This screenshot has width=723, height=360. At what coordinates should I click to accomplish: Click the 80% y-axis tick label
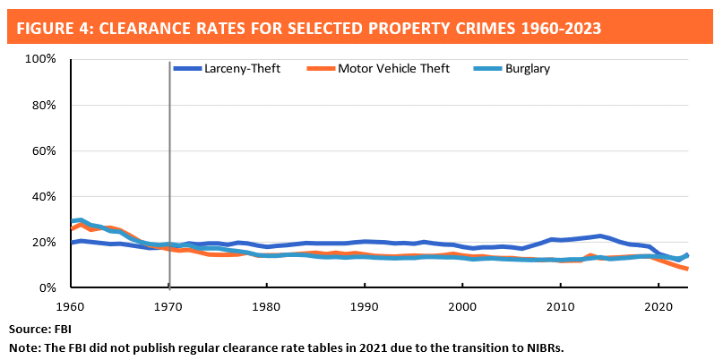coord(43,105)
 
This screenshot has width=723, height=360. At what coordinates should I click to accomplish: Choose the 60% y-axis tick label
coord(43,150)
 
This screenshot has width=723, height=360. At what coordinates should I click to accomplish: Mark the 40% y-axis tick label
coord(43,196)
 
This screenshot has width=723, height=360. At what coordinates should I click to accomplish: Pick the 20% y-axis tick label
coord(43,242)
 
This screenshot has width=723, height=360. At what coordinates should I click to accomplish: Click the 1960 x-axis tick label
coord(71,304)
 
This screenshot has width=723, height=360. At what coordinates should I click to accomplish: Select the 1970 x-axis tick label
coord(169,304)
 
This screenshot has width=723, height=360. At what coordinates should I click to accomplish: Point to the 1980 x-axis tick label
coord(267,304)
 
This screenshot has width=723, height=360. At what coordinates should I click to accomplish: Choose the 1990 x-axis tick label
coord(365,304)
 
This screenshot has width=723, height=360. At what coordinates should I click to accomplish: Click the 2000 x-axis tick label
coord(462,304)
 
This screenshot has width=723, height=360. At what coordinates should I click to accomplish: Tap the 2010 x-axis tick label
coord(560,304)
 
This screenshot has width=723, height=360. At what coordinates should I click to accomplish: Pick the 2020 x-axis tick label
coord(658,304)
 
